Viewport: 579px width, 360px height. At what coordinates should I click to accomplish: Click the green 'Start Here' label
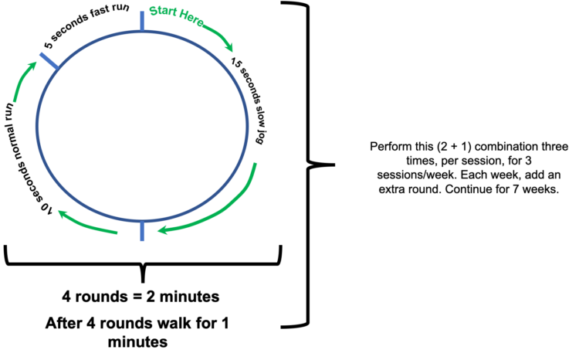pos(177,15)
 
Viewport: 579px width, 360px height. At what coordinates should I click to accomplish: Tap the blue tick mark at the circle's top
pos(142,22)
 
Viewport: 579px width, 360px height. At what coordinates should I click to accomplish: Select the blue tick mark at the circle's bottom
pos(142,231)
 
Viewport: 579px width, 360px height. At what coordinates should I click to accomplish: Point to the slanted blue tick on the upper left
pos(49,60)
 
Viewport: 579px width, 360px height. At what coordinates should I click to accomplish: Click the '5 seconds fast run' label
pos(86,25)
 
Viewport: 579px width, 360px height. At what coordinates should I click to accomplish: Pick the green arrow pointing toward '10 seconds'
pos(86,224)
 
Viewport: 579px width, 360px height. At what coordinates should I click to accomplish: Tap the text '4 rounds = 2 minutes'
pos(141,297)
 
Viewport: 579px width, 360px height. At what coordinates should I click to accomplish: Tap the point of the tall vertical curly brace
pos(334,165)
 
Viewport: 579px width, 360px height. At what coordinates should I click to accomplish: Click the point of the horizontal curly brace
pos(143,282)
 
